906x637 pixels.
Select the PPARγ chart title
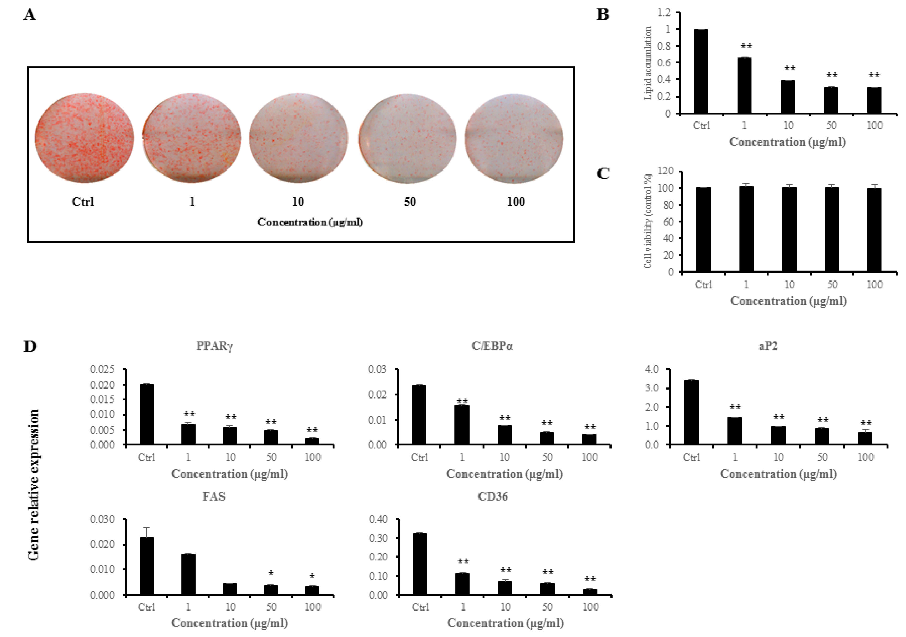click(214, 346)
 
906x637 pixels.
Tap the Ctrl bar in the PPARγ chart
click(147, 414)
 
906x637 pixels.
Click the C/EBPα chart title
click(492, 346)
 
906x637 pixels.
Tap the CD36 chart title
click(492, 496)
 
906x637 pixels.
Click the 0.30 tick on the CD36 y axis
click(378, 538)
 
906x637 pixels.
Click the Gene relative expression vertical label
click(34, 485)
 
